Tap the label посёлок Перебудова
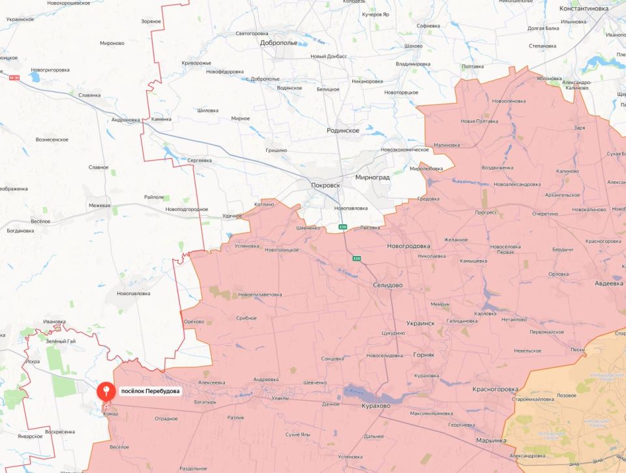pyautogui.click(x=150, y=392)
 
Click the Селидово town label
pyautogui.click(x=388, y=285)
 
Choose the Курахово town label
pyautogui.click(x=376, y=405)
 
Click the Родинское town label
pyautogui.click(x=343, y=130)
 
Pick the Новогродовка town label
pyautogui.click(x=408, y=246)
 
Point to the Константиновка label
pyautogui.click(x=584, y=8)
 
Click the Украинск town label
pyautogui.click(x=420, y=323)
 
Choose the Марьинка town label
pyautogui.click(x=490, y=440)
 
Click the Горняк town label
pyautogui.click(x=428, y=355)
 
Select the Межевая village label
pyautogui.click(x=100, y=206)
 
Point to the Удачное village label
pyautogui.click(x=232, y=216)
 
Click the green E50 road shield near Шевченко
pyautogui.click(x=343, y=227)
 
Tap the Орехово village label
pyautogui.click(x=194, y=321)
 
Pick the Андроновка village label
pyautogui.click(x=126, y=120)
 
